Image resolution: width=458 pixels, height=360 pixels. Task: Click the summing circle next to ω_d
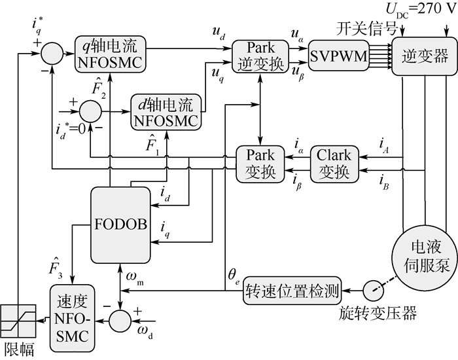click(x=120, y=321)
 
